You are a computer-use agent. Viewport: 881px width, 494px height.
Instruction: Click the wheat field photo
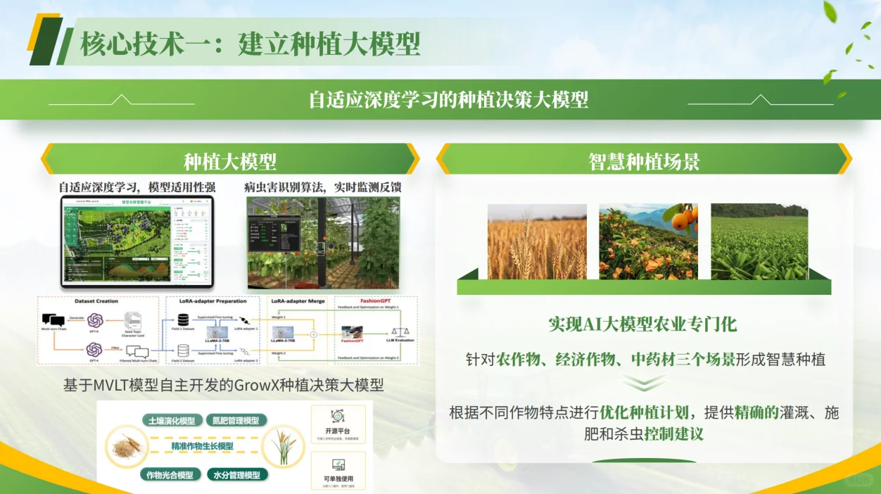click(537, 241)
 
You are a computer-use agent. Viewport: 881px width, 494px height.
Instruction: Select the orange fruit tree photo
click(648, 241)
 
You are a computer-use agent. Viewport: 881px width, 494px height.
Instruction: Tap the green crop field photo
click(759, 241)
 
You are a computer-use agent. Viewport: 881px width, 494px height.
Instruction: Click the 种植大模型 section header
click(230, 160)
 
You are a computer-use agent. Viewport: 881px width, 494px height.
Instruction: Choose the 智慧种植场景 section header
click(644, 160)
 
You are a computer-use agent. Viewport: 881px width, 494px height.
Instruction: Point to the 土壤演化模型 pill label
click(172, 421)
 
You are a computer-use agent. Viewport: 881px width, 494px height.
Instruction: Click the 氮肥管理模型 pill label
click(236, 421)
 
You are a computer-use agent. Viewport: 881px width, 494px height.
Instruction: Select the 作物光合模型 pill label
click(170, 475)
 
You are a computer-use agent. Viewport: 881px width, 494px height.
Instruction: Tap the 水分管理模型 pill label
click(237, 475)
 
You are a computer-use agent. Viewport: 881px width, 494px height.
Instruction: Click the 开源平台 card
click(338, 424)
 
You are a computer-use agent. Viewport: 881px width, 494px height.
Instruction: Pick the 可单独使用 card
click(338, 470)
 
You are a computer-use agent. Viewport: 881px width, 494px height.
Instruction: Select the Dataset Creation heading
click(96, 301)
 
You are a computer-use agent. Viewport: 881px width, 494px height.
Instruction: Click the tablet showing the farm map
click(137, 242)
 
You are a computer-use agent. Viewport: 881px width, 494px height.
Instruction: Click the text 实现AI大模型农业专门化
click(642, 324)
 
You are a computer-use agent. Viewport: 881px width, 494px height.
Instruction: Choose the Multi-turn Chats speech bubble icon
click(53, 321)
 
